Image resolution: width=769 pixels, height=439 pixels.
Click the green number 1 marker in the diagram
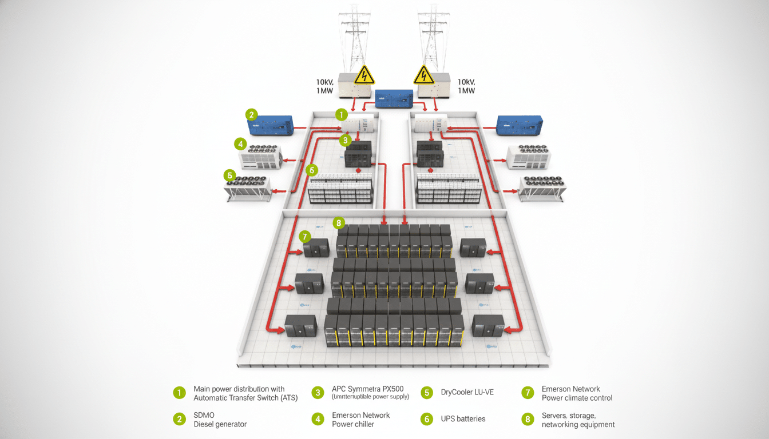click(342, 114)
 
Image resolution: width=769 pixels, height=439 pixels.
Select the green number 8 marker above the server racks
click(339, 222)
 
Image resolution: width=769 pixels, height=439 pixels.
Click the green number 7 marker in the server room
click(304, 236)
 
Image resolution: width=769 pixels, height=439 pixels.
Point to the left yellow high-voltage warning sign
click(364, 75)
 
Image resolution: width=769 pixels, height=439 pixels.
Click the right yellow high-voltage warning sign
click(423, 75)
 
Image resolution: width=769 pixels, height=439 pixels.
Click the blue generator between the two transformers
click(394, 98)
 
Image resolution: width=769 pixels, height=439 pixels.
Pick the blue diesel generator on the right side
click(520, 125)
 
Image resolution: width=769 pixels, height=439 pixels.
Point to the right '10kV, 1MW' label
click(466, 86)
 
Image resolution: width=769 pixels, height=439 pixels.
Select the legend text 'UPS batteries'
click(463, 419)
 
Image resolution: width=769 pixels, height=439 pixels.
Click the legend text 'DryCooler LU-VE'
click(467, 393)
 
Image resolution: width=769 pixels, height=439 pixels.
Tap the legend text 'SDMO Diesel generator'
click(220, 419)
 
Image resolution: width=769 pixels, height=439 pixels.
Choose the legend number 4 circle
click(318, 419)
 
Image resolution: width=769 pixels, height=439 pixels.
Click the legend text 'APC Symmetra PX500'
click(371, 389)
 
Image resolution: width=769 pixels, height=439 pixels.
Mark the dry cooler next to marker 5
click(249, 188)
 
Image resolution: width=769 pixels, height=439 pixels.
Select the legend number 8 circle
click(527, 419)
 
